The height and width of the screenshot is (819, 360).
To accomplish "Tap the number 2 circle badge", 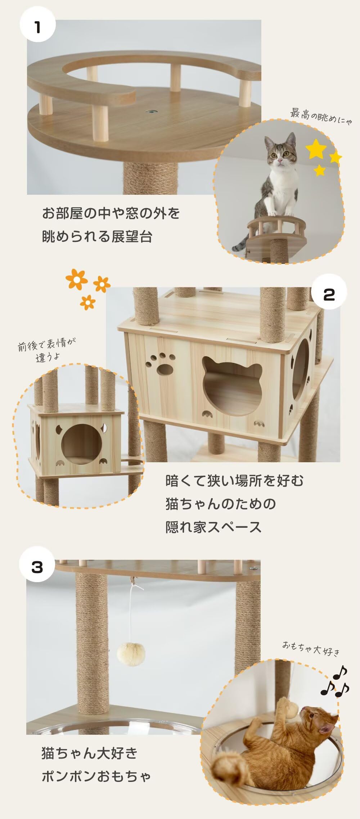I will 329,294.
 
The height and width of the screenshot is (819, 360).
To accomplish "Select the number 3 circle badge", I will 37,567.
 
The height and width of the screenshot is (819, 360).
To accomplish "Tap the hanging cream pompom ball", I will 131,654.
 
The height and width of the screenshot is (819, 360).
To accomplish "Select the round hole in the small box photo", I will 81,444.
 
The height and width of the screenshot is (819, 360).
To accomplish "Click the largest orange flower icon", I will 77,279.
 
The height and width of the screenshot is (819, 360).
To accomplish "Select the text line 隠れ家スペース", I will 213,527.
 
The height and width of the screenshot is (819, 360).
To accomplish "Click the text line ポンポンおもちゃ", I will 96,776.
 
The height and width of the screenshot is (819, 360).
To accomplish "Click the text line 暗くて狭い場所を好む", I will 234,481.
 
